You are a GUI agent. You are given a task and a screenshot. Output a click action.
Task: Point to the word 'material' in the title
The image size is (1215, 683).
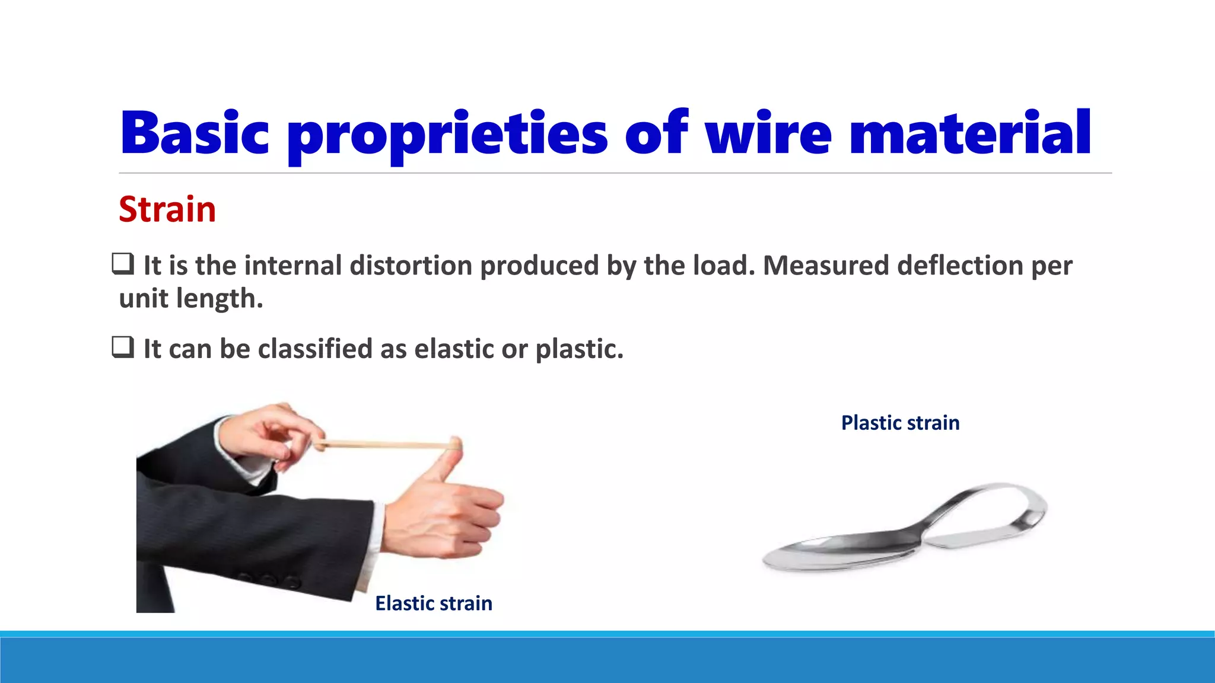point(970,133)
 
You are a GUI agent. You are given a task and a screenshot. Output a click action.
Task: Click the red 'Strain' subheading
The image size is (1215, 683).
point(167,209)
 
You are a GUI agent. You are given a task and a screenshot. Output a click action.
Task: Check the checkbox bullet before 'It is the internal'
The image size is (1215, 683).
point(123,264)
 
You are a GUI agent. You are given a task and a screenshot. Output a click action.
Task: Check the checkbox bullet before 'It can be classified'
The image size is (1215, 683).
point(123,347)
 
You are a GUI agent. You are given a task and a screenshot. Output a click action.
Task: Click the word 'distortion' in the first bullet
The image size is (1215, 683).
point(411,265)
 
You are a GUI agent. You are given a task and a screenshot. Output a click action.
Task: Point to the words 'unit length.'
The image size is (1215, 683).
point(190,298)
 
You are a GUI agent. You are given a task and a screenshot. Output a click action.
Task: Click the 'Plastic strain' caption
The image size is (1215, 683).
point(900,423)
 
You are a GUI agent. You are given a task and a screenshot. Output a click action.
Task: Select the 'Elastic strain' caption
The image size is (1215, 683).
point(434,603)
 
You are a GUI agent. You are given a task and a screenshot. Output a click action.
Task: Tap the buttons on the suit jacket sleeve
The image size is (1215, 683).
point(267,579)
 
